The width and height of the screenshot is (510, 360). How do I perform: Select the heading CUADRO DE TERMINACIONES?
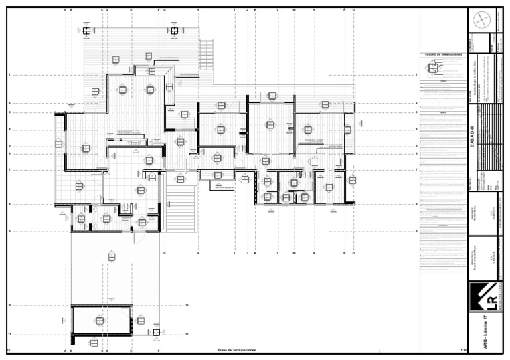pyautogui.click(x=442, y=54)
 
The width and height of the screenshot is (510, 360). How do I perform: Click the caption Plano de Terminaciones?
pyautogui.click(x=236, y=350)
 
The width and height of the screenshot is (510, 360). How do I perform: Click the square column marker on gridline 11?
pyautogui.click(x=156, y=333)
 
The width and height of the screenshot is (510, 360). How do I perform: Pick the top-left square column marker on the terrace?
pyautogui.click(x=87, y=30)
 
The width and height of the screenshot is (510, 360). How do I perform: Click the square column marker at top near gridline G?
pyautogui.click(x=174, y=30)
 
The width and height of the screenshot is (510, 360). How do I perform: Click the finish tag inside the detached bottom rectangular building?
pyautogui.click(x=100, y=321)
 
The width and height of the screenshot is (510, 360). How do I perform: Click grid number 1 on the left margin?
pyautogui.click(x=9, y=75)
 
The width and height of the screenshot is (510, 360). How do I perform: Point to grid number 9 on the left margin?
pyautogui.click(x=9, y=231)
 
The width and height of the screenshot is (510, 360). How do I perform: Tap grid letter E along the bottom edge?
pyautogui.click(x=131, y=350)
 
